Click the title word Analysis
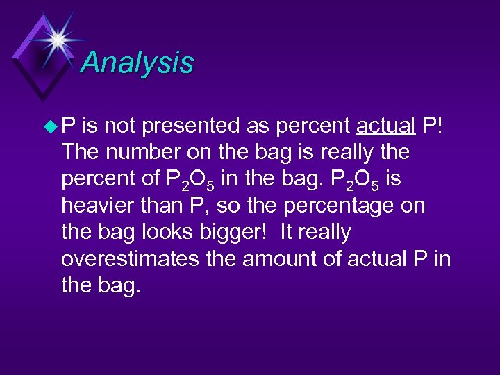pos(137,62)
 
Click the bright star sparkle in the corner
pos(58,39)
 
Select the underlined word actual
pos(385,126)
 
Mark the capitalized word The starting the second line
pos(81,152)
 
